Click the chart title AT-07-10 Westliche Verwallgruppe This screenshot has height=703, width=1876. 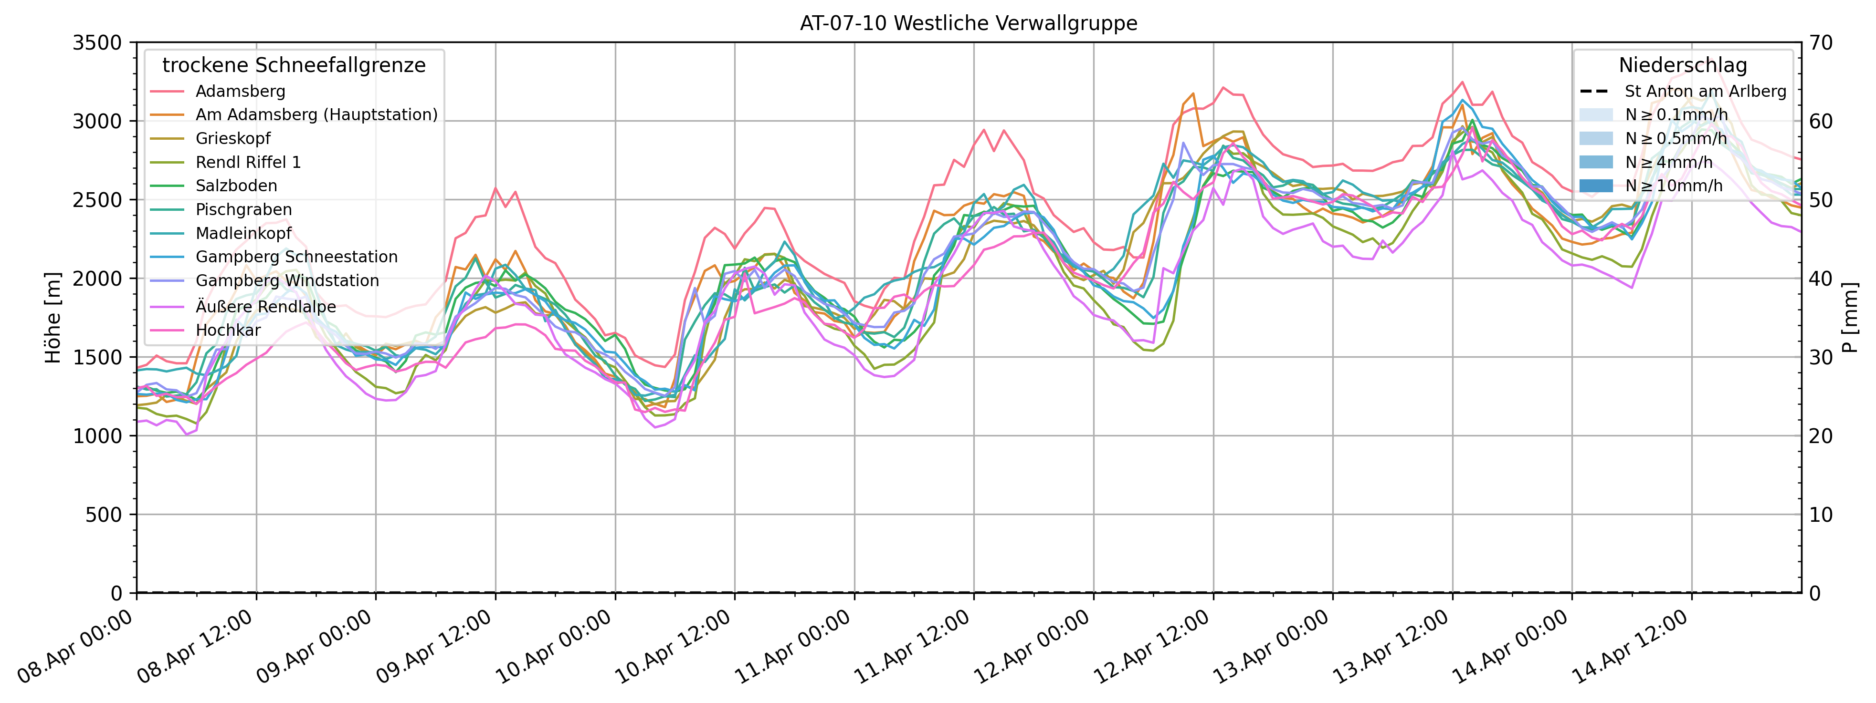(x=968, y=23)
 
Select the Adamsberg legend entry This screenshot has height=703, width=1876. (x=240, y=91)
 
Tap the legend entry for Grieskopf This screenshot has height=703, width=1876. (x=233, y=138)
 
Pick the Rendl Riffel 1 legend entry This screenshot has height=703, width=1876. (x=248, y=162)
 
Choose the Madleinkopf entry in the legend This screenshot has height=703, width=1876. (x=243, y=233)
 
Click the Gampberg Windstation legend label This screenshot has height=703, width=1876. (x=287, y=280)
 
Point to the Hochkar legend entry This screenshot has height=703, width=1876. (x=228, y=330)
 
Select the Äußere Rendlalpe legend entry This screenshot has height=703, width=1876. (x=266, y=306)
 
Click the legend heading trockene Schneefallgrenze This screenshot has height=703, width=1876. (x=294, y=65)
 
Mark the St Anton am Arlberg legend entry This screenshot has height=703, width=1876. (x=1705, y=91)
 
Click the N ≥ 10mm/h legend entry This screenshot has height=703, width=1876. (x=1674, y=186)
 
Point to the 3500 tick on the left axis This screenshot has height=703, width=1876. (x=97, y=43)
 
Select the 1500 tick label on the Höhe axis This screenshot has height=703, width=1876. (x=97, y=357)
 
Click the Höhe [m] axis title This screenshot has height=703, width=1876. (x=53, y=318)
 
